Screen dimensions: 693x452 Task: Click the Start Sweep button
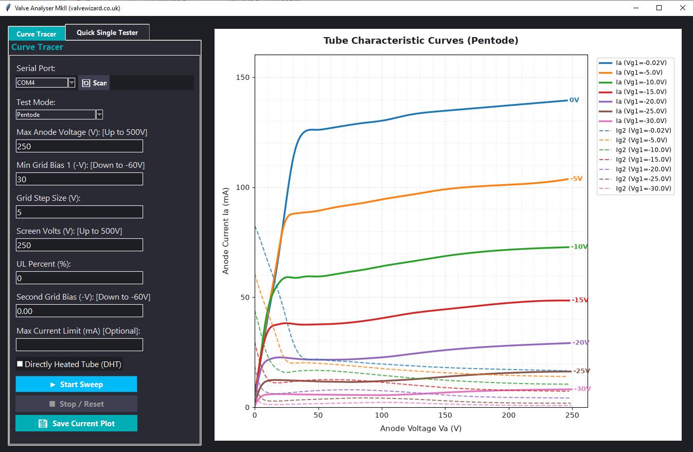(x=77, y=384)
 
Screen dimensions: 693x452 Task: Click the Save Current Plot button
(x=77, y=423)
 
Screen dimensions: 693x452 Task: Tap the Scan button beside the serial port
(x=94, y=83)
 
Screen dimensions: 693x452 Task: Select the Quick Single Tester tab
(x=108, y=32)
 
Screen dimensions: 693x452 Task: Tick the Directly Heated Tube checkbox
(x=20, y=364)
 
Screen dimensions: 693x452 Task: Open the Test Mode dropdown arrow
(x=99, y=115)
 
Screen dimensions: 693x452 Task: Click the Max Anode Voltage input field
(x=80, y=146)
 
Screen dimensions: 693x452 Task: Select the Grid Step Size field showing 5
(x=80, y=212)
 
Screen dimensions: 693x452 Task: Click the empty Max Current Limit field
(x=80, y=344)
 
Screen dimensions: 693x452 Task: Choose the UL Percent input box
(x=80, y=278)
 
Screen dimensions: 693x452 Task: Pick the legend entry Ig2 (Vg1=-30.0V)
(x=635, y=188)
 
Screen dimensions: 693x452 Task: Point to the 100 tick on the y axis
(x=242, y=187)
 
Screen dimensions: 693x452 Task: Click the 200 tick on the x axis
(x=509, y=415)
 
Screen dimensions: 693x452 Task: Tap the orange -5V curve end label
(x=576, y=179)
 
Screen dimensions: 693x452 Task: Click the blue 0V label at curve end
(x=574, y=100)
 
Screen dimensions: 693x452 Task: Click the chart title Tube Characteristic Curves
(x=421, y=41)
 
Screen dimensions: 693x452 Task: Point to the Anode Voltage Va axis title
(x=421, y=428)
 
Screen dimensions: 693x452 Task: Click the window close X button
(x=683, y=8)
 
